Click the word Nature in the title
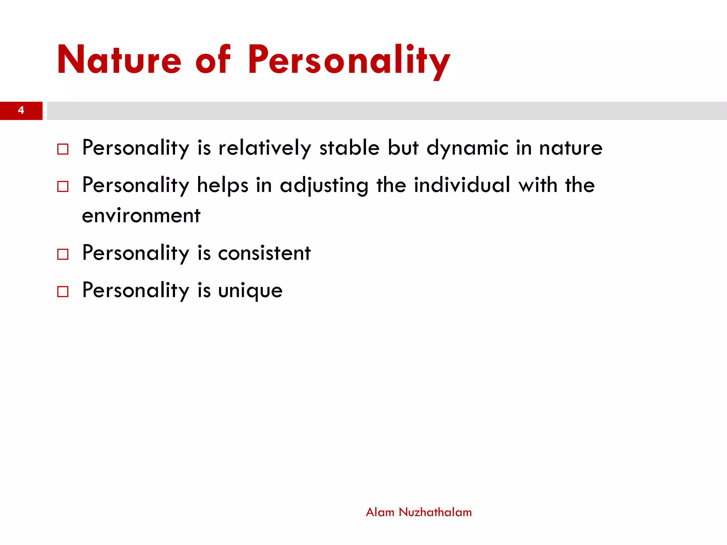[x=119, y=60]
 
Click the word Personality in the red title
[x=349, y=60]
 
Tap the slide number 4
[x=21, y=110]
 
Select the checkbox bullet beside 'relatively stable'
[x=63, y=149]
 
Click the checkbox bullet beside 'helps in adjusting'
[x=63, y=186]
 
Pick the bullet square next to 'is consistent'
[x=63, y=254]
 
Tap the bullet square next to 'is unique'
[x=63, y=292]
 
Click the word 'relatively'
[x=264, y=148]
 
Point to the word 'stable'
[x=349, y=148]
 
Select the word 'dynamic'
[x=467, y=148]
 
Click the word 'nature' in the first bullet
[x=570, y=148]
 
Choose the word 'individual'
[x=462, y=185]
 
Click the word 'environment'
[x=141, y=216]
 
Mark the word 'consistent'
[x=264, y=253]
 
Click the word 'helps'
[x=223, y=185]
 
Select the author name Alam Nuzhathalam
[x=419, y=512]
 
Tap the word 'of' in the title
[x=213, y=60]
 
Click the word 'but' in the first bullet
[x=403, y=148]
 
